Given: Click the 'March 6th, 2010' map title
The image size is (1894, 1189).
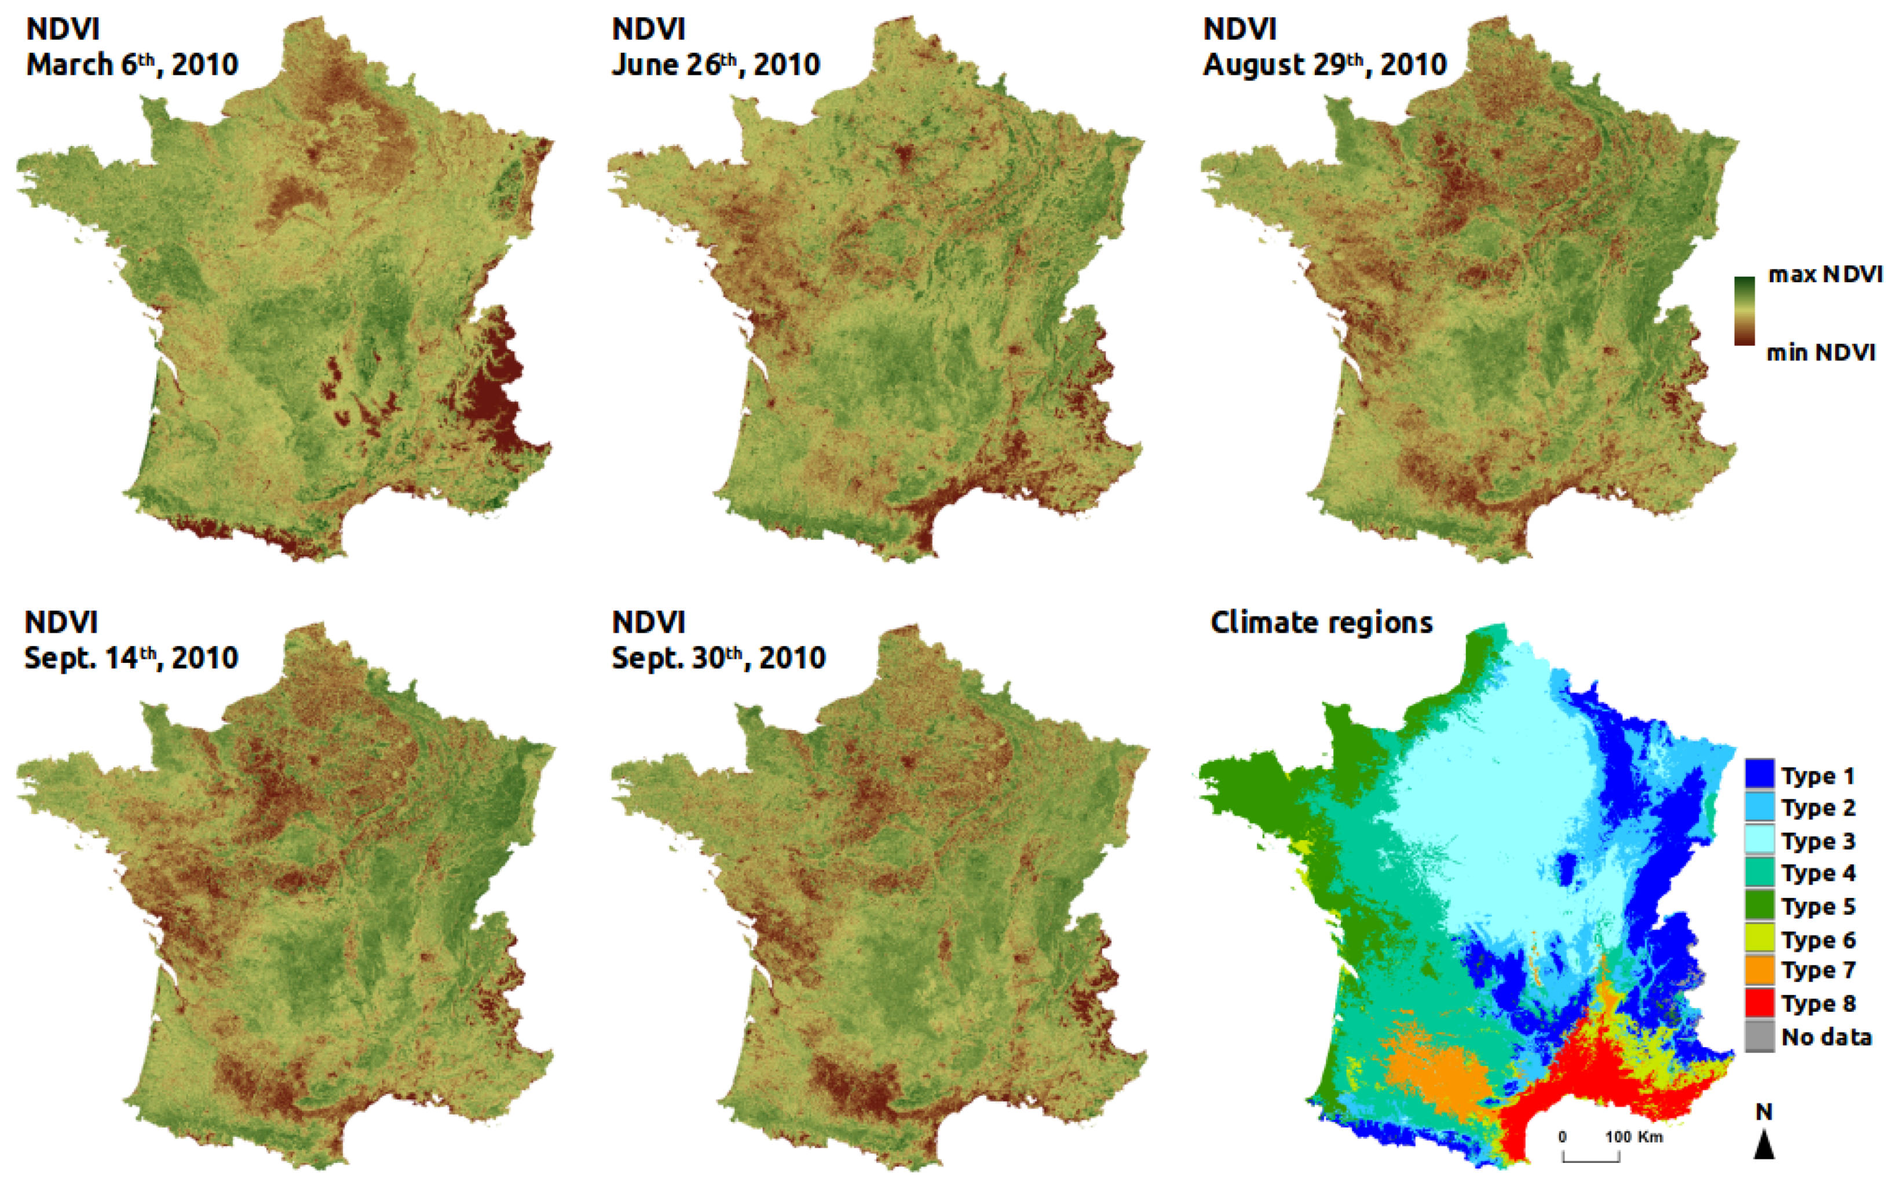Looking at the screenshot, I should [x=132, y=64].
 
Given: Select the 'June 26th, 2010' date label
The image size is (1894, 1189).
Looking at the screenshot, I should [x=715, y=64].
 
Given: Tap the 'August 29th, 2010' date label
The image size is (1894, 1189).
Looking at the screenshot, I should [x=1324, y=64].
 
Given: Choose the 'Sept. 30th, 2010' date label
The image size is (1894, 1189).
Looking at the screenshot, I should [x=718, y=658].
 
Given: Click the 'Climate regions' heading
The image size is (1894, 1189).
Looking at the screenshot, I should [x=1321, y=623].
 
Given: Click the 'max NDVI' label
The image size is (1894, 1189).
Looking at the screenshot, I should [x=1825, y=275].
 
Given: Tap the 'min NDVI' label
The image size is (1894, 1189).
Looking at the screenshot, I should [x=1820, y=353].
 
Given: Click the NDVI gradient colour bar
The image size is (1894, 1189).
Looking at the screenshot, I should [x=1744, y=311].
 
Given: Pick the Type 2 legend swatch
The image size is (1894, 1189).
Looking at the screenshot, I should [x=1760, y=808].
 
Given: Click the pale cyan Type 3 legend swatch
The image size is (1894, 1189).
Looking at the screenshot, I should [x=1760, y=841].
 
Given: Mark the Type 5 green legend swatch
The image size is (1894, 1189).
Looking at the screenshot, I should [x=1760, y=906].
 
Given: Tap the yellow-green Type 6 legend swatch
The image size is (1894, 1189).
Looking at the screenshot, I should [x=1760, y=939].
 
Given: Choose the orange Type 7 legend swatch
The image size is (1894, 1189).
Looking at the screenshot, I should [x=1760, y=971].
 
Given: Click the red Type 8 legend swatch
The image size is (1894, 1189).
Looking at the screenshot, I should [x=1760, y=1004].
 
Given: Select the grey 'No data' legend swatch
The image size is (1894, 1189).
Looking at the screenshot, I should [x=1760, y=1037].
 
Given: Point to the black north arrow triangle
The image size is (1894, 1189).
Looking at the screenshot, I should [x=1764, y=1144].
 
